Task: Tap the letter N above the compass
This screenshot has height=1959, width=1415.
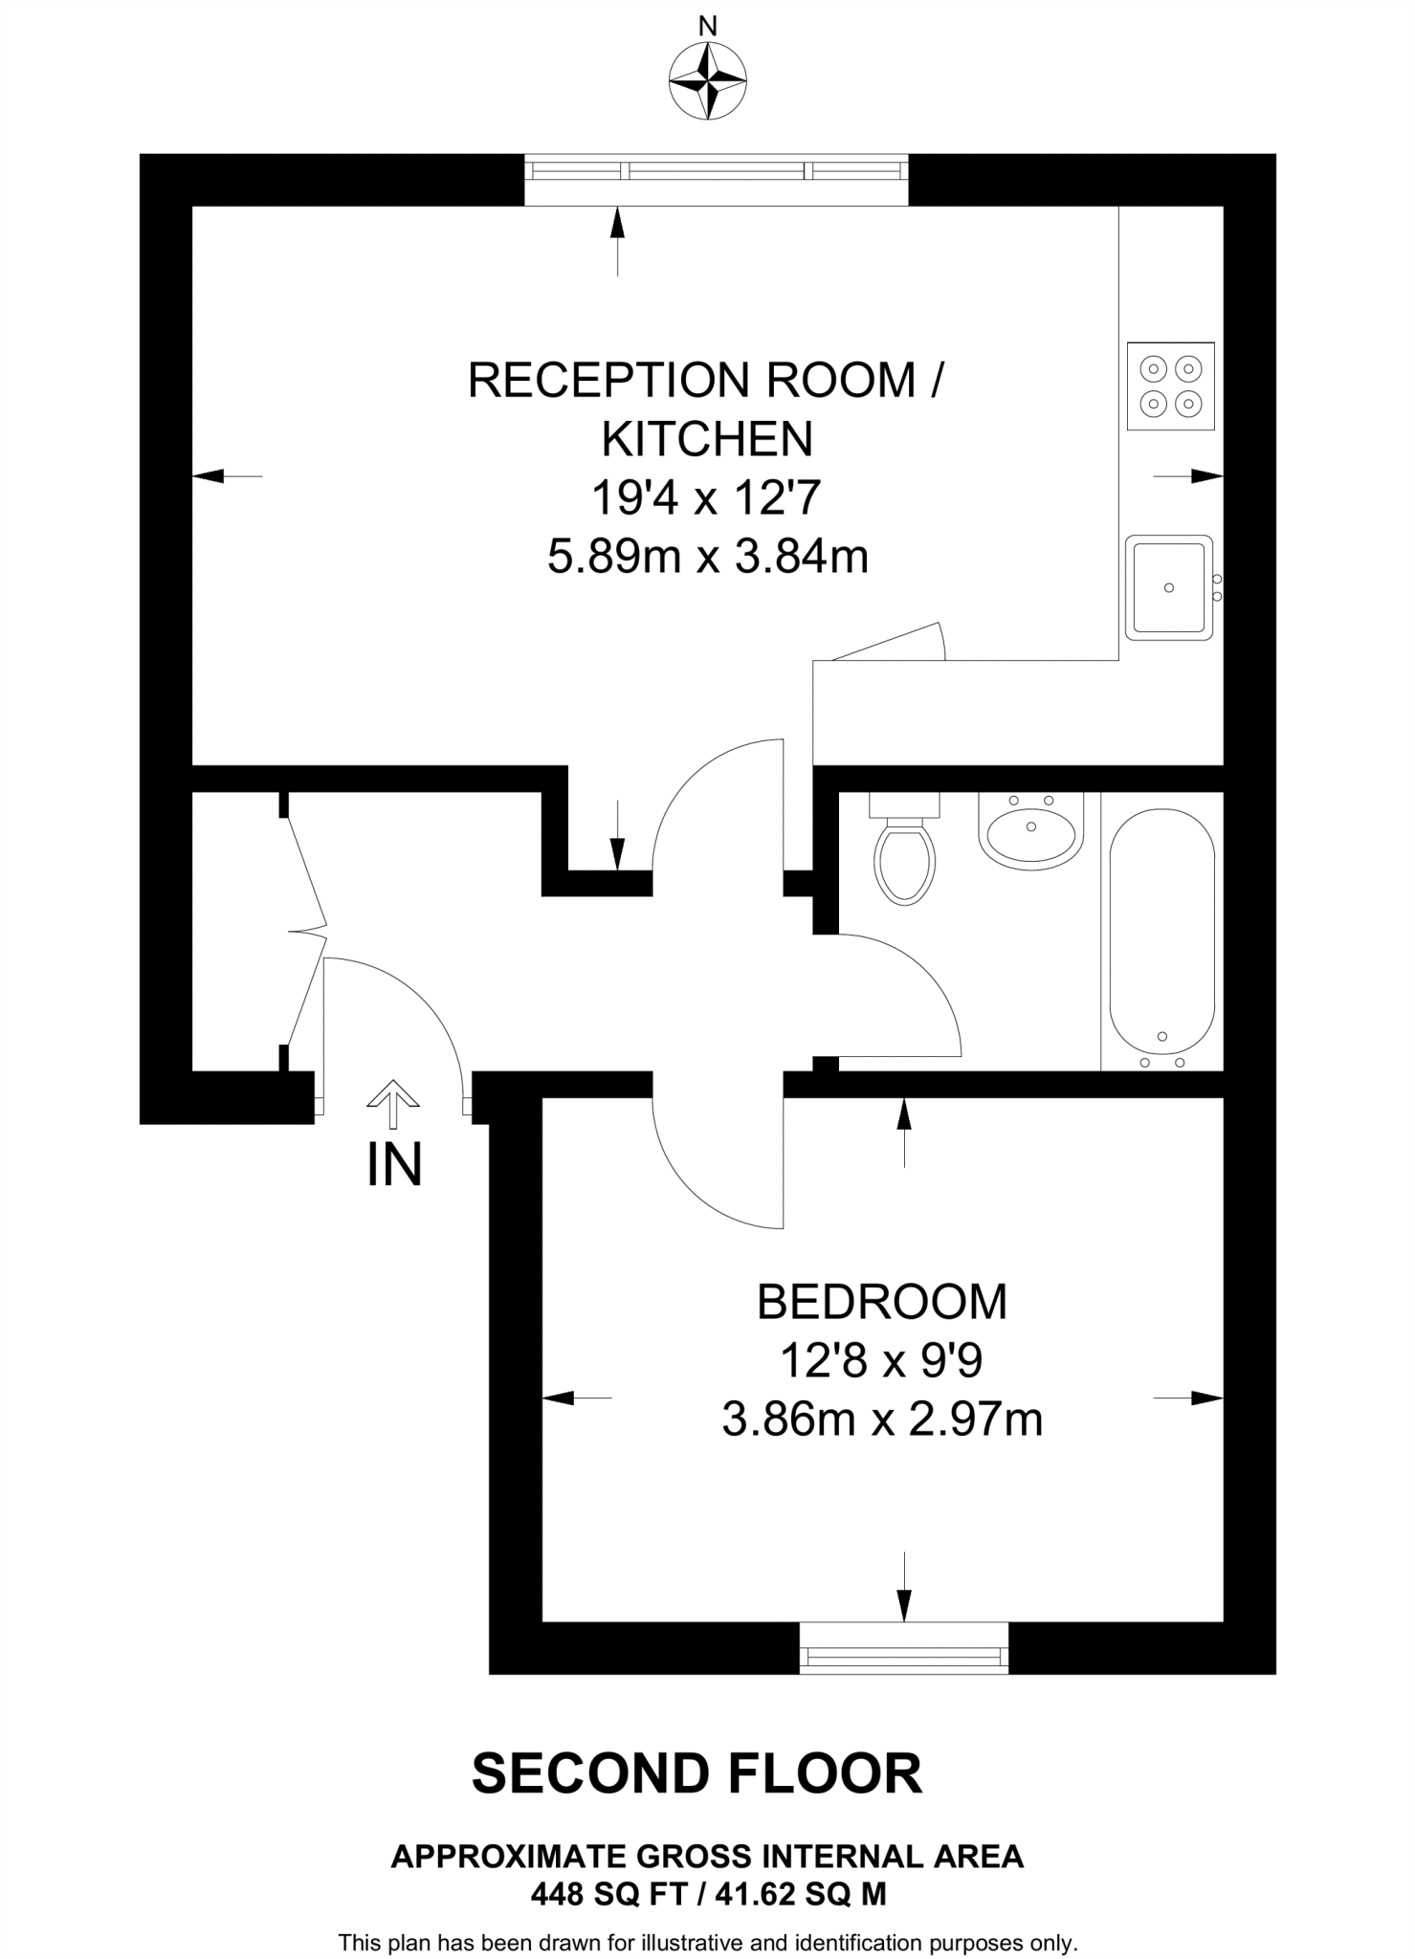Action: coord(707,27)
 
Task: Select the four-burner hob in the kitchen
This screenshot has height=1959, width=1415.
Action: coord(1170,386)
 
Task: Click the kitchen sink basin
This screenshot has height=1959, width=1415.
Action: coord(1168,587)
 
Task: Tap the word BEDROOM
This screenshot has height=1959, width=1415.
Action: coord(881,1302)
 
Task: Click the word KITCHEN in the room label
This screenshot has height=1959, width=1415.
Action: coord(707,439)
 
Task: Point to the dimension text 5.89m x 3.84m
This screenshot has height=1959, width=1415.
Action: coord(707,556)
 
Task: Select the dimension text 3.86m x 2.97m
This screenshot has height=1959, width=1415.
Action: coord(881,1420)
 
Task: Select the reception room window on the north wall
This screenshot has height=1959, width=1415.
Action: coord(716,172)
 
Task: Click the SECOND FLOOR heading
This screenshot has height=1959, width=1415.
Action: coord(696,1773)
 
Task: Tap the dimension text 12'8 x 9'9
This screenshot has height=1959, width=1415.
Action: coord(881,1360)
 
